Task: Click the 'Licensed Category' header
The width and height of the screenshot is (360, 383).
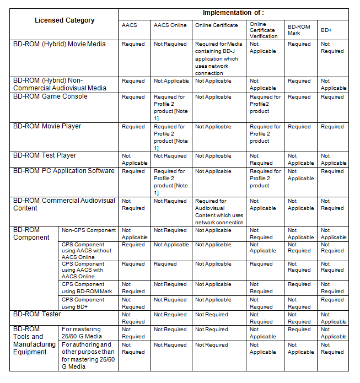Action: point(65,20)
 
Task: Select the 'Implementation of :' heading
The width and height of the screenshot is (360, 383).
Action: point(233,13)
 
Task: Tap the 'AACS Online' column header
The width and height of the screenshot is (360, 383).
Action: point(170,25)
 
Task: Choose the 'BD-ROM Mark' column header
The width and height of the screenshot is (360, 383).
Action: point(300,29)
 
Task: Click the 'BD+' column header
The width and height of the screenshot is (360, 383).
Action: point(326,29)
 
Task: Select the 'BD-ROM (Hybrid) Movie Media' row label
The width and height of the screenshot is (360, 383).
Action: point(59,44)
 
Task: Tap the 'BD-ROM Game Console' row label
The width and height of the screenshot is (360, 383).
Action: point(50,96)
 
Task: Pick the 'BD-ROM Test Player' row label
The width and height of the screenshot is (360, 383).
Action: point(45,155)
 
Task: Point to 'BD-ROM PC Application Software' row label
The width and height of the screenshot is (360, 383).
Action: point(63,171)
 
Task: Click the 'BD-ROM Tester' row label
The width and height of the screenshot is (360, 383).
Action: point(37,314)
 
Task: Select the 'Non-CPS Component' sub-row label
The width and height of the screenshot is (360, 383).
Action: point(88,230)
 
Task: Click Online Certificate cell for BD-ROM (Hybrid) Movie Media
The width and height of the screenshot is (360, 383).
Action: point(218,58)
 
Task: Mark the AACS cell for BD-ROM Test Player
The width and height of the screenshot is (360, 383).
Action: point(135,159)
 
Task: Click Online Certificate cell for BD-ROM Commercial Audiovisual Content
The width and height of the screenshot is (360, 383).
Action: point(219,212)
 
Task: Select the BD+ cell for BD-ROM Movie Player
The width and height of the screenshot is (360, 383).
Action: point(332,127)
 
